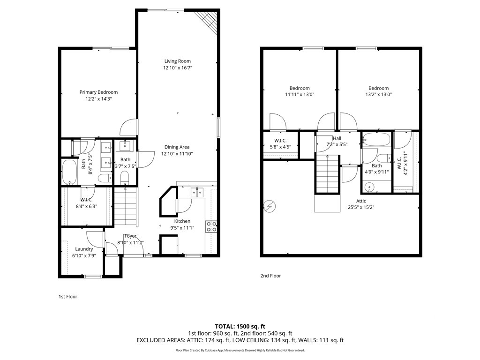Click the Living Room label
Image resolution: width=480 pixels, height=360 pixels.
tap(178, 61)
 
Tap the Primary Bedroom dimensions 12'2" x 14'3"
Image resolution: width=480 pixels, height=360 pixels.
tap(98, 99)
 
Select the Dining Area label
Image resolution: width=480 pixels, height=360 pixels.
tap(177, 147)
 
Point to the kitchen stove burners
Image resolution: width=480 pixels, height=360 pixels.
tap(211, 226)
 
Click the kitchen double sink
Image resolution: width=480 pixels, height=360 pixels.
tap(197, 193)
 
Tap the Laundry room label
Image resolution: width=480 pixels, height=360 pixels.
tap(84, 249)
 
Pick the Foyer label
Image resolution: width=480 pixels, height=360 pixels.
tap(130, 236)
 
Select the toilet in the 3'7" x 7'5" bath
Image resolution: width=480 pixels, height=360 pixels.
tap(125, 178)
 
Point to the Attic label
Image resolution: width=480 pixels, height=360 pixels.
tap(361, 201)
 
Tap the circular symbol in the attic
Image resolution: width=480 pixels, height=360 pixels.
tap(270, 207)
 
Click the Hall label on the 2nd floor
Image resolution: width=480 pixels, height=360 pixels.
tap(337, 138)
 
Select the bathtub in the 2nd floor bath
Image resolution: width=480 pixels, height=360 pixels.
tap(376, 140)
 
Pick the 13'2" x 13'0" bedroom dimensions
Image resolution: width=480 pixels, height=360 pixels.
tap(379, 95)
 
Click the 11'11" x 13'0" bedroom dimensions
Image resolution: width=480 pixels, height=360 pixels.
tap(300, 95)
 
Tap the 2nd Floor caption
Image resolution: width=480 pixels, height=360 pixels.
tap(270, 276)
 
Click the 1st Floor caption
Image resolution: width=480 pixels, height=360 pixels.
tap(68, 297)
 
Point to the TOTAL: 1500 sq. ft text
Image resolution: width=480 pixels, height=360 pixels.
tap(240, 326)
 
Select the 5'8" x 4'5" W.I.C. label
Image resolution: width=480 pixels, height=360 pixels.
tap(280, 147)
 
